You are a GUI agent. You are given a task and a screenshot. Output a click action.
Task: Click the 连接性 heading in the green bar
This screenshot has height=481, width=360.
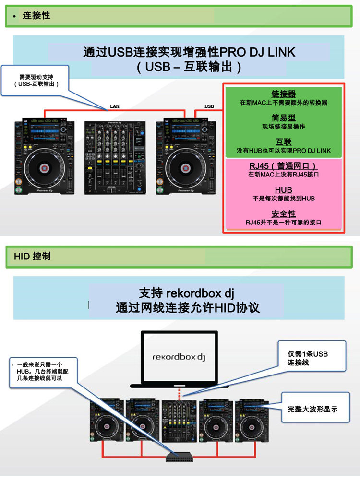(x=36, y=16)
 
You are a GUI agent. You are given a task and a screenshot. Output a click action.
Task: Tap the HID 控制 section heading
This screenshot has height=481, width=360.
(x=32, y=256)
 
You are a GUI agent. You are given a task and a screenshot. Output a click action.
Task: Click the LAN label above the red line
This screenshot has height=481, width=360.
(x=115, y=106)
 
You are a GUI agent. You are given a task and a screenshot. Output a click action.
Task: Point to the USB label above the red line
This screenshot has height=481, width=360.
(x=209, y=106)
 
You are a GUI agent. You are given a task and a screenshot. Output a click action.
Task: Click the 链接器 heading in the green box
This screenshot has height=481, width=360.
(x=284, y=94)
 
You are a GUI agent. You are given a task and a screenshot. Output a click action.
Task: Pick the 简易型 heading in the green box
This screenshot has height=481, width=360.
(x=284, y=118)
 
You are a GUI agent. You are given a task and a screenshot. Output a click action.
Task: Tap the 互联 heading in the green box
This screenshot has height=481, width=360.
(x=284, y=142)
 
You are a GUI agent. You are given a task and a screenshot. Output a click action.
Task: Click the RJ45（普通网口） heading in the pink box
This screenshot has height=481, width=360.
(x=284, y=166)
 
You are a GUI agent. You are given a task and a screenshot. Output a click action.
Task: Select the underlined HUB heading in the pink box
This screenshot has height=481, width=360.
(x=284, y=190)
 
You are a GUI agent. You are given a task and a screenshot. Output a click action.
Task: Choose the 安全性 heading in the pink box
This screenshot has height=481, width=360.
(x=284, y=214)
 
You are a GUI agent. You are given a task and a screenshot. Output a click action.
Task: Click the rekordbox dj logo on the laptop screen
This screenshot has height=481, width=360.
(x=178, y=357)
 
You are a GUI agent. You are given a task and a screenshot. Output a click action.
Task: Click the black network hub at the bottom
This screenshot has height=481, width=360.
(x=180, y=457)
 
